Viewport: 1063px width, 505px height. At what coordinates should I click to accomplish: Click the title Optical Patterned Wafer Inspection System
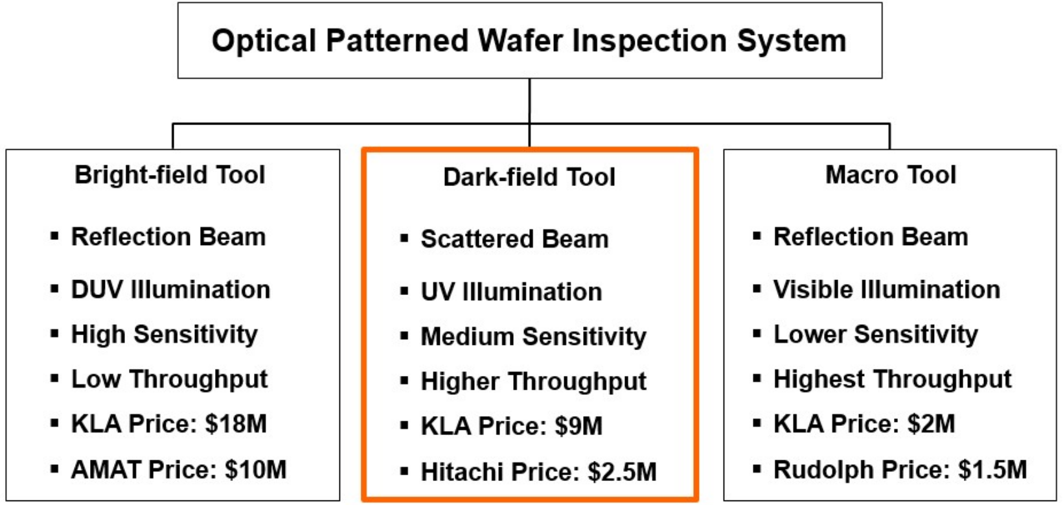529,40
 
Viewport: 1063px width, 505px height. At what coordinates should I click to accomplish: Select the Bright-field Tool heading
170,175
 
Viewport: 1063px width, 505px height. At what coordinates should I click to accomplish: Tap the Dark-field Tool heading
529,177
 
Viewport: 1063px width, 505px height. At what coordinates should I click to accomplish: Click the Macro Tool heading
890,175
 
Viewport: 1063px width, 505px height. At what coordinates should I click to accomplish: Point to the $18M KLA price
236,424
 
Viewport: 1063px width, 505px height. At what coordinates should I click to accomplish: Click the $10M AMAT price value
256,470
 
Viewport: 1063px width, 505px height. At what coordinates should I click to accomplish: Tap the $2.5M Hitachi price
622,472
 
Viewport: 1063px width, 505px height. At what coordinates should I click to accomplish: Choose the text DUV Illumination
170,290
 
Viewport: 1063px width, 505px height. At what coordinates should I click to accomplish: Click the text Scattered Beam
514,239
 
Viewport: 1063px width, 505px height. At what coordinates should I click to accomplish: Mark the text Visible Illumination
886,290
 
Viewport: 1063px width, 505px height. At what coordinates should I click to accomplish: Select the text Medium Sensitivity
533,336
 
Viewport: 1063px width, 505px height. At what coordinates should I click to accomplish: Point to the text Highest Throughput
892,379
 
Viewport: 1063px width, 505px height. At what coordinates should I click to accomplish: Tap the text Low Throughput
169,379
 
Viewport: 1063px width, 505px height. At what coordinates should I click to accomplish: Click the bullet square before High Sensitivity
55,335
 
